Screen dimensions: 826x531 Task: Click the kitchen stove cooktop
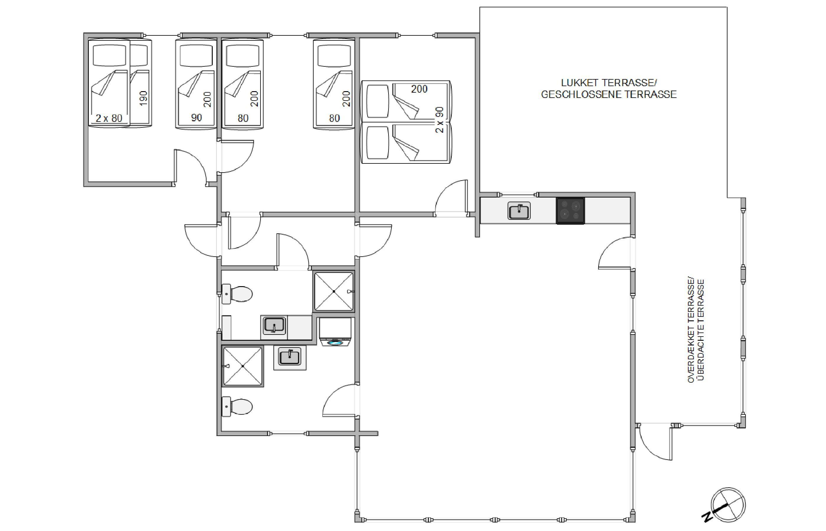coord(570,211)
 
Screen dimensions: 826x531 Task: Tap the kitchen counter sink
coord(519,211)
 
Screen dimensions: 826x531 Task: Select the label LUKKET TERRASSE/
coord(609,83)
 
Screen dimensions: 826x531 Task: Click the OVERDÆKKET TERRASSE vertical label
coord(691,330)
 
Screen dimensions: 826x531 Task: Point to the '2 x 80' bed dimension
coord(109,118)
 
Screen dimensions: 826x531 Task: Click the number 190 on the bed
coord(143,98)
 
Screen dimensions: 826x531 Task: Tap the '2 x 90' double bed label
coord(440,120)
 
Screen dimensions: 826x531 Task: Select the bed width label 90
coord(196,118)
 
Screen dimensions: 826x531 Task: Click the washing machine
coord(335,332)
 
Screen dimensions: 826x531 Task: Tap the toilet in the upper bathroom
coord(237,294)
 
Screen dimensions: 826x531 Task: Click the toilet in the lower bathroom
coord(237,407)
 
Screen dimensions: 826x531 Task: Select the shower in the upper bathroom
coord(334,291)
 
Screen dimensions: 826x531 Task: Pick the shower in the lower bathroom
coord(243,366)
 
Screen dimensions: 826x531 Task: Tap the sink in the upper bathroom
coord(274,325)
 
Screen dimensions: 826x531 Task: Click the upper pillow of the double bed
coord(378,101)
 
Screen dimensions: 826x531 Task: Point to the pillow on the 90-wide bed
coord(196,55)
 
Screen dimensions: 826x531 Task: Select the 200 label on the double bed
coord(419,89)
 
